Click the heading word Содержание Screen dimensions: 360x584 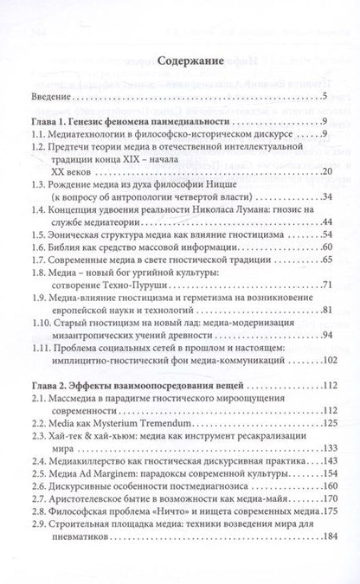(x=180, y=62)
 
